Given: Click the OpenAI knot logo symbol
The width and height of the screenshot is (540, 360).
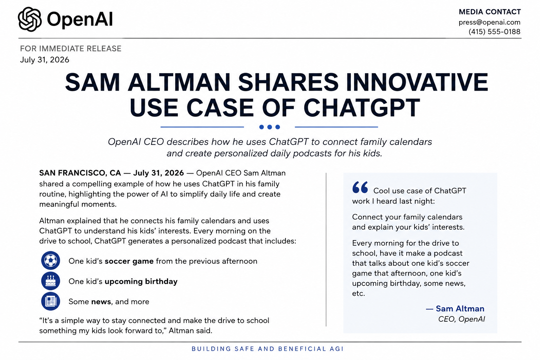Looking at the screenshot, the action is point(30,19).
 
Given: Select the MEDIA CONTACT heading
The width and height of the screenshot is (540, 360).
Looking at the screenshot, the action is point(490,12).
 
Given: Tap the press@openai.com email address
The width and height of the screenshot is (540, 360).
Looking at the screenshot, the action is point(489,22).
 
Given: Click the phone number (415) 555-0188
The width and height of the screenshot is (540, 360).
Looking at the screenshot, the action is point(494,32).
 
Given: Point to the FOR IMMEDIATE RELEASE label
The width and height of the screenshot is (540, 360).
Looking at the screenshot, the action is point(71,49).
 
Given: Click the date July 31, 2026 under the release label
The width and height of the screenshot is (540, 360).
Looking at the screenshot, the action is point(45,59).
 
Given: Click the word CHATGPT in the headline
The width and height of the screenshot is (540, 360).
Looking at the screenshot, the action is point(362,108).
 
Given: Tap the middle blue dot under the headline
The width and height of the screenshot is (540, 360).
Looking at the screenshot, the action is point(270,127).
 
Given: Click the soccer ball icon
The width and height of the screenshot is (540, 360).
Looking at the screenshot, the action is point(50,261).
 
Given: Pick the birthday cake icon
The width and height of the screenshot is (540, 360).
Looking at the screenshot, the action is point(50,281).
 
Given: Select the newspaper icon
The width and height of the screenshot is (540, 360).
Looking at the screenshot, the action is point(50,301).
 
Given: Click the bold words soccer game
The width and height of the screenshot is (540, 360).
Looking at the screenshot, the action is point(129,261).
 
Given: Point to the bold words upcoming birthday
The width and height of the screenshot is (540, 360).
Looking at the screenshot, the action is point(141,281).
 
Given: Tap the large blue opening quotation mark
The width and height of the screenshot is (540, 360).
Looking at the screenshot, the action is point(360,187).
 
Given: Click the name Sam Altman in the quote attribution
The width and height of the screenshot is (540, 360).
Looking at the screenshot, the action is point(460,309).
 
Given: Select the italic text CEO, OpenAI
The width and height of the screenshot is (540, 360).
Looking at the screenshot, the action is point(461,319).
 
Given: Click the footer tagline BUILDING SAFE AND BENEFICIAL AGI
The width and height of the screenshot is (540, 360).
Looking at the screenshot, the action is point(268,349).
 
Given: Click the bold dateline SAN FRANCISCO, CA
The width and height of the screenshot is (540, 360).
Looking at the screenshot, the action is point(80,173).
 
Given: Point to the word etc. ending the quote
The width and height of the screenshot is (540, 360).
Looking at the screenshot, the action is point(359,294).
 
